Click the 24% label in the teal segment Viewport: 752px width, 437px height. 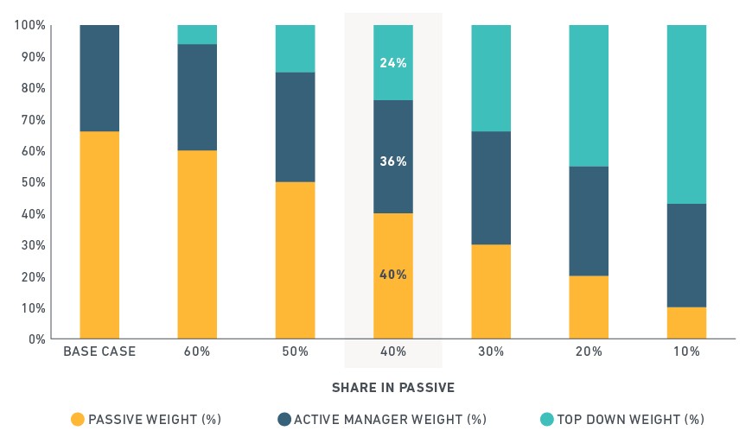[x=392, y=63]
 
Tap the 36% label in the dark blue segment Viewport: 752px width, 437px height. [x=392, y=161]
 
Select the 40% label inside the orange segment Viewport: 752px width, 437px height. [x=392, y=275]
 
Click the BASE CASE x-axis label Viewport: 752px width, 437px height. [x=99, y=351]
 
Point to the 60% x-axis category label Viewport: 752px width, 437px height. [x=197, y=351]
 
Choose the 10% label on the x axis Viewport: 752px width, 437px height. [x=686, y=351]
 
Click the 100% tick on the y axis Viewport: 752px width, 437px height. [x=30, y=25]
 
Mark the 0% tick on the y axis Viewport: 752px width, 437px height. [x=37, y=339]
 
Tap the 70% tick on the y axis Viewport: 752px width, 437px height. [x=33, y=119]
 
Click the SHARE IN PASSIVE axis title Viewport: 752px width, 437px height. [x=393, y=388]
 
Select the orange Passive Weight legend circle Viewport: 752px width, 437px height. [x=78, y=419]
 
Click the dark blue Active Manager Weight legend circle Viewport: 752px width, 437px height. [x=284, y=419]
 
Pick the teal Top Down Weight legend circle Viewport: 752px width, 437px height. [x=547, y=419]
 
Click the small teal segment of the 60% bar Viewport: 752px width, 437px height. [x=197, y=35]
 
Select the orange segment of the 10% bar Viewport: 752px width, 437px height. [x=686, y=323]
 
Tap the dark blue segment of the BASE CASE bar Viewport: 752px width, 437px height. [x=99, y=78]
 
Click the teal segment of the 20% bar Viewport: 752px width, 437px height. [x=589, y=96]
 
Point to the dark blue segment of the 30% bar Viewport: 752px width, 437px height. [x=491, y=187]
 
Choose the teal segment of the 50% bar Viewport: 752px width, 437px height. [x=295, y=49]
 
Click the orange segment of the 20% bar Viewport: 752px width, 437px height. [x=589, y=307]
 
